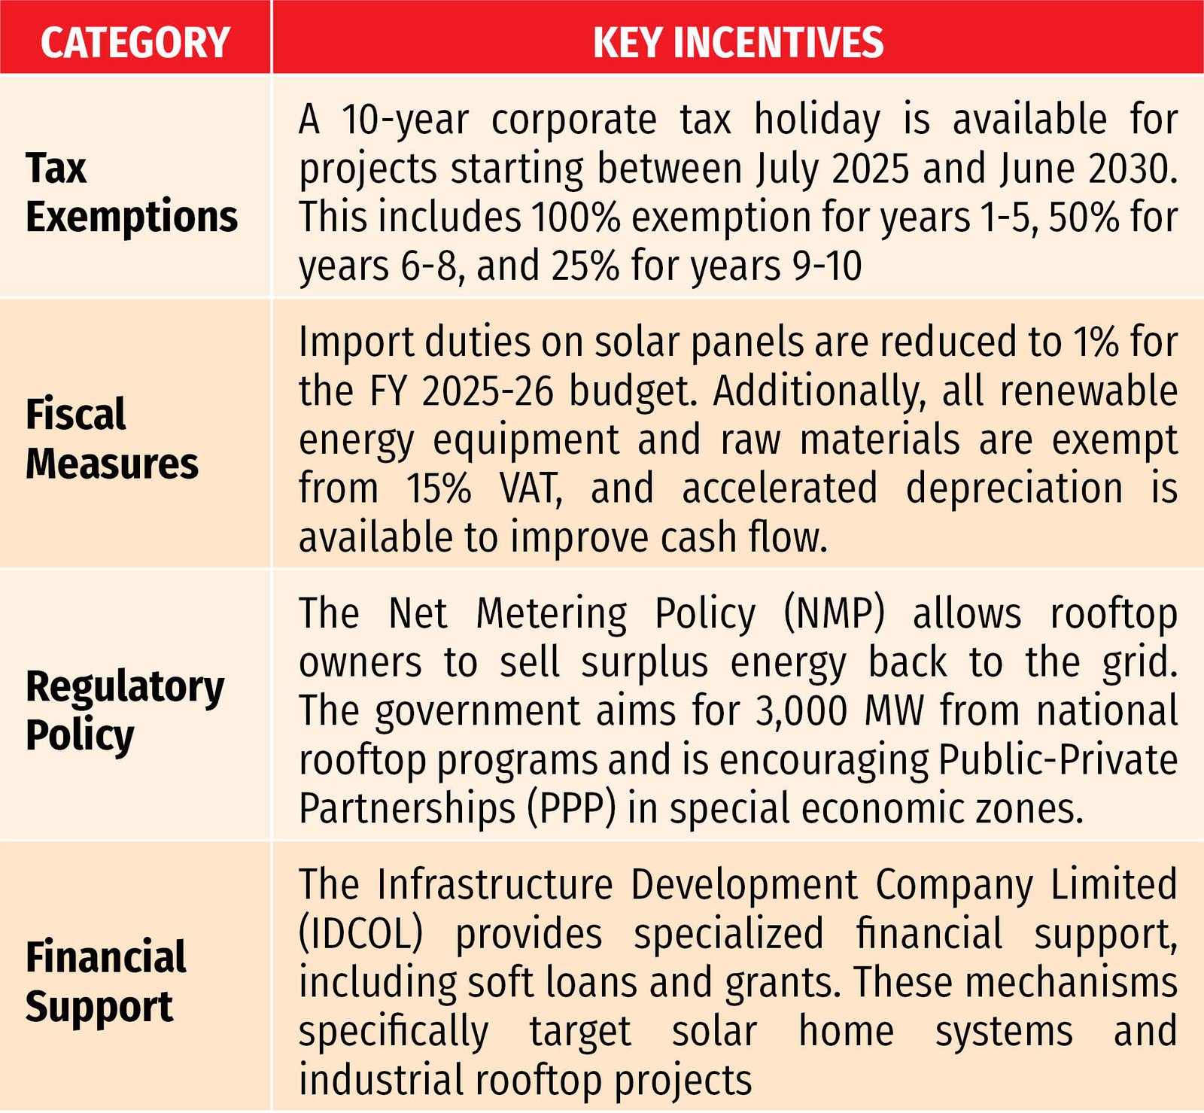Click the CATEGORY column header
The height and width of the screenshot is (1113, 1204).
pos(135,41)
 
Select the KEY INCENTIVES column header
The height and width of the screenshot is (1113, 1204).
pos(737,41)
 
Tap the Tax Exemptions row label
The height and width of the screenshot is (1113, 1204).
pos(131,192)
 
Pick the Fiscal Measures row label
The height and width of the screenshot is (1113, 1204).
pos(111,438)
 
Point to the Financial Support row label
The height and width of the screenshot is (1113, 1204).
pos(105,981)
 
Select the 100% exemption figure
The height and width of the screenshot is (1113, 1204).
pos(576,217)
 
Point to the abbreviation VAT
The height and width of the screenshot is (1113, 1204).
pos(531,488)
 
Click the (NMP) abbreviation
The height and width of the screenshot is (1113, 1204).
pos(834,613)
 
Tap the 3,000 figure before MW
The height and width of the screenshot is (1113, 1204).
pos(802,710)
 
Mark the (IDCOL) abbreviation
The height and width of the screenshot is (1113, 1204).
pos(360,934)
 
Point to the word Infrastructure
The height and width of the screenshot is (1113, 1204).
pos(495,885)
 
